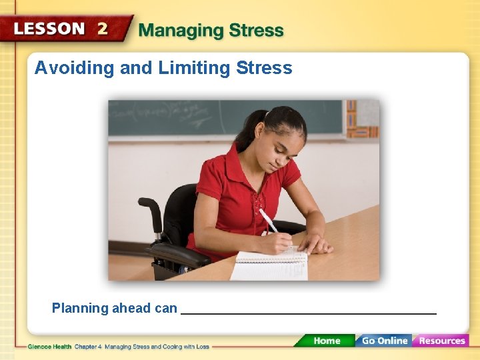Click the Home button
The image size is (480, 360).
coord(327,341)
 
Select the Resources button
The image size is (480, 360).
coord(441,341)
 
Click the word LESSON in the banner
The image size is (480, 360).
coord(49,29)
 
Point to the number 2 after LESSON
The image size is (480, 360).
coord(102,29)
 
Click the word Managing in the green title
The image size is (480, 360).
coord(181,31)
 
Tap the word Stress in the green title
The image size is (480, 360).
coord(257,31)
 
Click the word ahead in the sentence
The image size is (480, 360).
coord(131,308)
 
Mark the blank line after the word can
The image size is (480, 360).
coord(308,311)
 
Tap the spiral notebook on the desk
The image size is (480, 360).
coord(270,265)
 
